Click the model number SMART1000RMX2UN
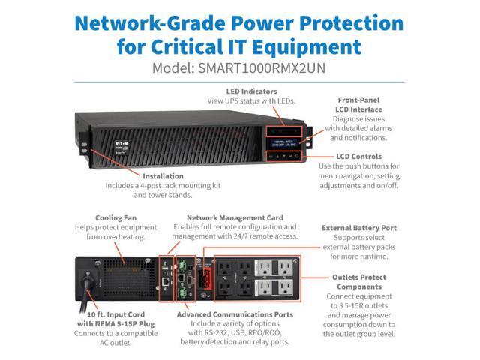pyautogui.click(x=261, y=67)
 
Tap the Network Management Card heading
pyautogui.click(x=235, y=217)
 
